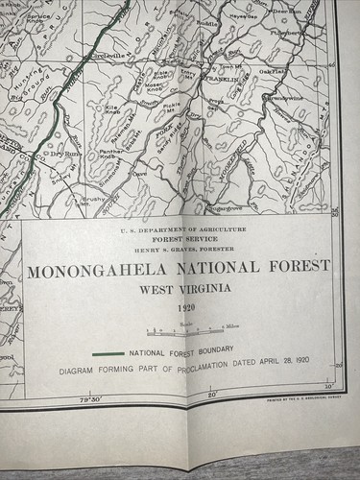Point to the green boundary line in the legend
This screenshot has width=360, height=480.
click(108, 353)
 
